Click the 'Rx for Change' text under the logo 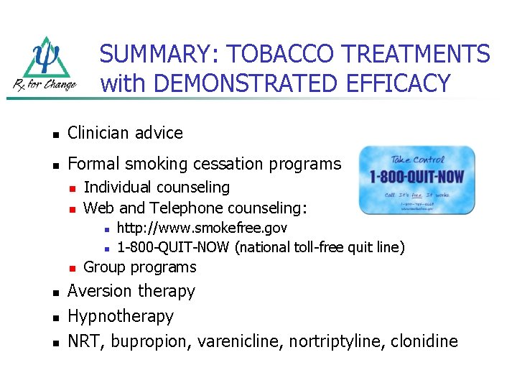(45, 85)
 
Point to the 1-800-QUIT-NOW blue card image (416, 180)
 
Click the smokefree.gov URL (202, 228)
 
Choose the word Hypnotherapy (121, 316)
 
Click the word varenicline (241, 341)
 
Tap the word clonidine (424, 341)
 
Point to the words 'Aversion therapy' (131, 291)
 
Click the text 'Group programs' (140, 267)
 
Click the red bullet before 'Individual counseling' (70, 188)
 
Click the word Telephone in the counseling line (191, 208)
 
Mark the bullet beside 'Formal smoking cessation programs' (52, 165)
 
